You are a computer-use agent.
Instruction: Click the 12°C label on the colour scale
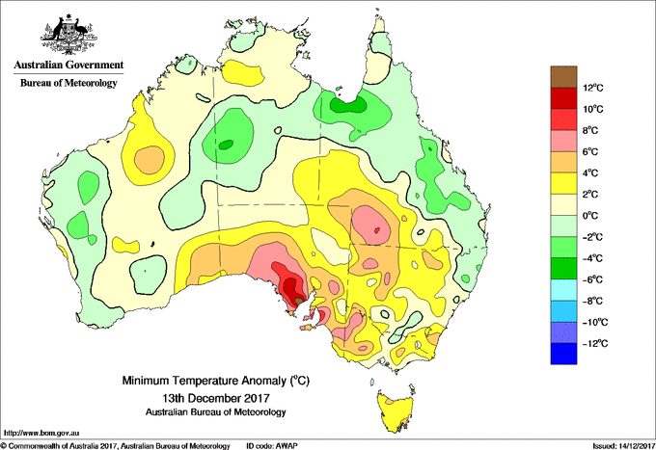593,88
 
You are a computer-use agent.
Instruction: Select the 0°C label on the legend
590,216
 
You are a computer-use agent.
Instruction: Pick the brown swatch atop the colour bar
563,77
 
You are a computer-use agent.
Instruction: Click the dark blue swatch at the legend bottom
563,354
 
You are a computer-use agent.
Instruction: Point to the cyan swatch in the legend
563,290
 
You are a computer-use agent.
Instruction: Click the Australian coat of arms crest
68,35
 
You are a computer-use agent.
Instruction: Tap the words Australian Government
68,65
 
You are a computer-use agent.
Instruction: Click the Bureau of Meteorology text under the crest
68,83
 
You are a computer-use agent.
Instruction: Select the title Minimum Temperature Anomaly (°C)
215,381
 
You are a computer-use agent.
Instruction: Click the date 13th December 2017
216,397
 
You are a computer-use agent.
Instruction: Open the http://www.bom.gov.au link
41,433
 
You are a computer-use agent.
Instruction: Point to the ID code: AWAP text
272,446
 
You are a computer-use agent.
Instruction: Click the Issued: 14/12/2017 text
624,446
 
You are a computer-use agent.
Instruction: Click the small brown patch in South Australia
299,300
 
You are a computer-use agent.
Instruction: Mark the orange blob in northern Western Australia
150,159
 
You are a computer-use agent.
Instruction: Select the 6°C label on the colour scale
590,151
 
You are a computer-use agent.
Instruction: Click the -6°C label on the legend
592,279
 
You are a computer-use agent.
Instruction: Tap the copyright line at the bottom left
116,446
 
